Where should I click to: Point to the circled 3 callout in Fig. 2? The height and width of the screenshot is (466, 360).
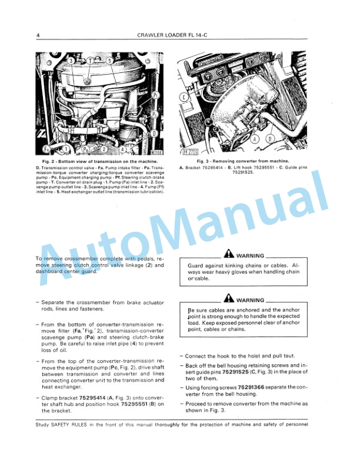click(71, 61)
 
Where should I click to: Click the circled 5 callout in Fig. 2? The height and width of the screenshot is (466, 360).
click(109, 61)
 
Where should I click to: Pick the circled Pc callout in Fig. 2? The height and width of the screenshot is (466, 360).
click(155, 113)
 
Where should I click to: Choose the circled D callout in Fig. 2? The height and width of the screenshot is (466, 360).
click(154, 133)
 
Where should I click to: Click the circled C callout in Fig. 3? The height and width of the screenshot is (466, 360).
click(184, 97)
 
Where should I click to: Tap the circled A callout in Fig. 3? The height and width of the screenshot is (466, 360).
click(255, 139)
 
